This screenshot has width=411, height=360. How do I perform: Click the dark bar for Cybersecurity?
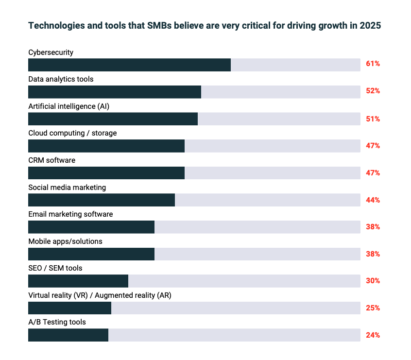(129, 65)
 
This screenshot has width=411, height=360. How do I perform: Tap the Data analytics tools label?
(61, 79)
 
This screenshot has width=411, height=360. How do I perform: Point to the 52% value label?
(373, 91)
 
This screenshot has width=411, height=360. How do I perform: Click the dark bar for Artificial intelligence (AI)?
(113, 119)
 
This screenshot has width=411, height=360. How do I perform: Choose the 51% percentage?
(373, 119)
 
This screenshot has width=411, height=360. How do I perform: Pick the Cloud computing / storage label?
(72, 133)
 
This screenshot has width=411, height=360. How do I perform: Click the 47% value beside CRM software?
(373, 172)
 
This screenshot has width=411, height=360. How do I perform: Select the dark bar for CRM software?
(106, 173)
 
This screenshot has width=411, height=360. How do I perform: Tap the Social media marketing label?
(67, 187)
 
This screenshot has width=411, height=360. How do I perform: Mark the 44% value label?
(373, 200)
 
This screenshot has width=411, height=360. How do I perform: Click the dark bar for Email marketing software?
(91, 227)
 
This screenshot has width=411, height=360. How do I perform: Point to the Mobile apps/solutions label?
(65, 241)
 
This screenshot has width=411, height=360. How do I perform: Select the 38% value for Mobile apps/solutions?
(373, 254)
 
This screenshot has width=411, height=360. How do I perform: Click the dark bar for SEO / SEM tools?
(78, 281)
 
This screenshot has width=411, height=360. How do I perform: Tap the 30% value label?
(373, 281)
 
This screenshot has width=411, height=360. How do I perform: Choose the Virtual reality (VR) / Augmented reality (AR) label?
(100, 295)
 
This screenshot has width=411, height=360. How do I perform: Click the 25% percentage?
(373, 308)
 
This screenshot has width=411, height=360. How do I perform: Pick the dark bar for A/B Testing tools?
(68, 335)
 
